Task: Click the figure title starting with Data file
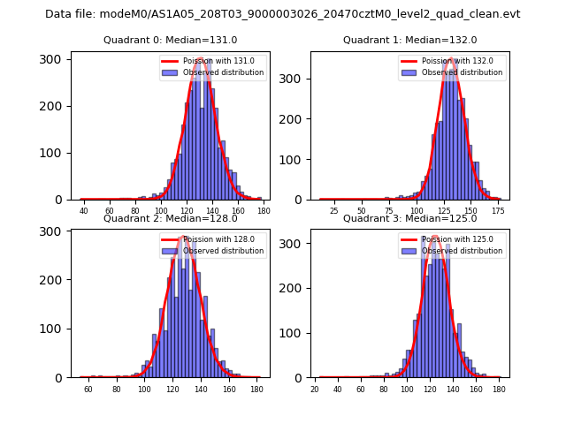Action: pos(283,14)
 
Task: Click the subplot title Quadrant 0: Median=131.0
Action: pos(171,40)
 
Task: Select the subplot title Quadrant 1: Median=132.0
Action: pos(409,40)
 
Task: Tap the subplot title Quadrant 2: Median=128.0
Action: pos(171,218)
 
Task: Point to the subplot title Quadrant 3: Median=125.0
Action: pos(409,218)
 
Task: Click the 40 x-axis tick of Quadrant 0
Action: pos(84,211)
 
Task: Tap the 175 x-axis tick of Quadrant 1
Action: pos(498,211)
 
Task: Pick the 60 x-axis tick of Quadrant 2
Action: pos(88,389)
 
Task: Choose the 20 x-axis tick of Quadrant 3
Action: pos(315,389)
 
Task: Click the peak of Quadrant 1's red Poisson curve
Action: pos(452,60)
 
